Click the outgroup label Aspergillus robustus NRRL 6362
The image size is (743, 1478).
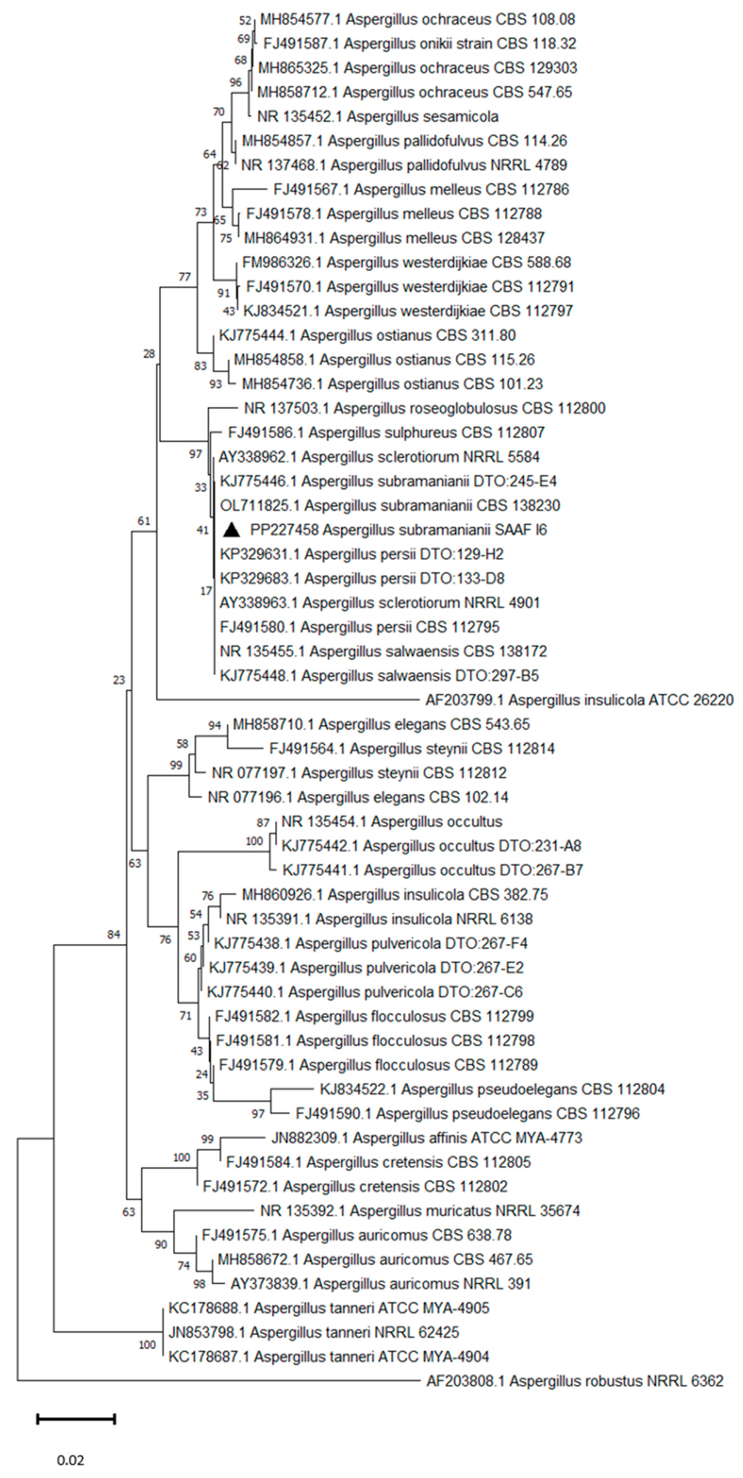[x=575, y=1381]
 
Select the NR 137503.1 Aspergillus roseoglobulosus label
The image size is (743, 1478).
[x=424, y=409]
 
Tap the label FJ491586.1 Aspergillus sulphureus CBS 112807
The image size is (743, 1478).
[x=386, y=433]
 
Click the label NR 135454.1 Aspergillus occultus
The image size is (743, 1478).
[x=392, y=822]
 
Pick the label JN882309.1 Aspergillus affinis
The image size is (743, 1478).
[x=426, y=1138]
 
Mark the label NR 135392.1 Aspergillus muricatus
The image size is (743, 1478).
[x=420, y=1211]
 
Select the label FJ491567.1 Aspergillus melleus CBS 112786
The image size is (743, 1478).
[x=421, y=189]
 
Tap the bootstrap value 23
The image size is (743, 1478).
[x=119, y=680]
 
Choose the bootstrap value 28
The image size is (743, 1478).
[x=149, y=354]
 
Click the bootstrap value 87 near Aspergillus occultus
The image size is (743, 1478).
[x=263, y=823]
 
